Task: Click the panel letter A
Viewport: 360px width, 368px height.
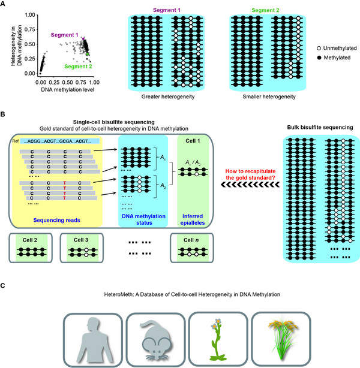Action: pos(5,5)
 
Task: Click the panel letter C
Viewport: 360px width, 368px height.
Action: pos(5,286)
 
